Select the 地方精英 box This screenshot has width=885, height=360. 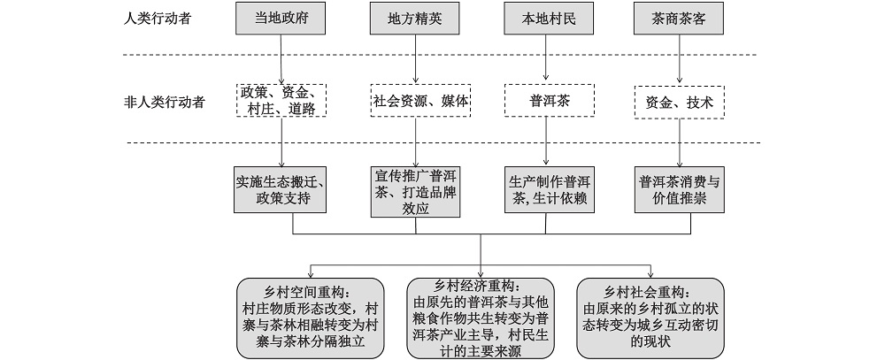415,19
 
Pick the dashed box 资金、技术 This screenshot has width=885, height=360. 680,102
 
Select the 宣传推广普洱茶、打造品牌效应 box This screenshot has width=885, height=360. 415,189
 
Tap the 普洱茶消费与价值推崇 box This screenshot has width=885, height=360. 680,189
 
